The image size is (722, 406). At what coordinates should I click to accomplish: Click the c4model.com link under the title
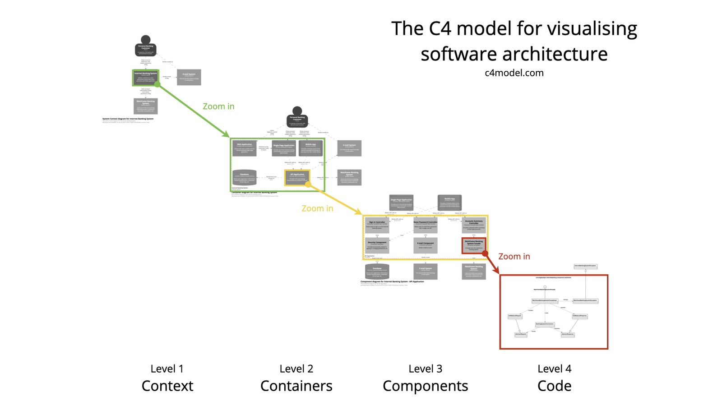(514, 73)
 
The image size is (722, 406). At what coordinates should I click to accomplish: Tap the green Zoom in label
(218, 106)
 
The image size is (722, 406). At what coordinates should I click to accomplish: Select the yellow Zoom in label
(317, 208)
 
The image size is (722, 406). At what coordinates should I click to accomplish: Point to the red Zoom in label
(514, 256)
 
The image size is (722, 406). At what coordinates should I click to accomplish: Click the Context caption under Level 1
(167, 386)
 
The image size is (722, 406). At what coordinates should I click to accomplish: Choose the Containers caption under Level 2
(296, 386)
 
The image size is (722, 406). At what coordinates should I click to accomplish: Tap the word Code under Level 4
(554, 386)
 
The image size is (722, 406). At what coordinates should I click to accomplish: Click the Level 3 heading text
(425, 369)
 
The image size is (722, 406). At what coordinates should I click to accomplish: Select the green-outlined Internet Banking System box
(145, 78)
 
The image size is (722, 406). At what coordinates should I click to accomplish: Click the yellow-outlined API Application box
(297, 178)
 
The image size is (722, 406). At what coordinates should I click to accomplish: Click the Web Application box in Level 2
(244, 148)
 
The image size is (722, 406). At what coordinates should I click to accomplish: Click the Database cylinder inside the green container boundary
(244, 178)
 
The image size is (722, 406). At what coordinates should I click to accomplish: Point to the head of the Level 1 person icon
(145, 39)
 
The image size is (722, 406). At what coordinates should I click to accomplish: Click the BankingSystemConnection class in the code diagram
(545, 324)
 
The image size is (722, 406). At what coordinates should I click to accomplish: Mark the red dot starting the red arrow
(485, 254)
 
